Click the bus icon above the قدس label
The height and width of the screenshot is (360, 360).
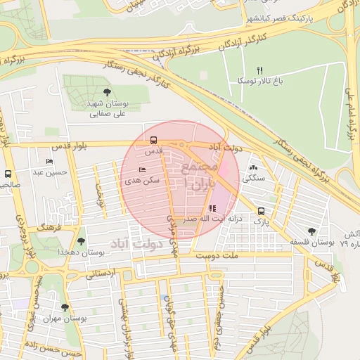[154, 139]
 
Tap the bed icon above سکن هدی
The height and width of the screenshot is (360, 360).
[143, 169]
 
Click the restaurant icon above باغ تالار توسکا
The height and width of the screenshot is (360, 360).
[259, 70]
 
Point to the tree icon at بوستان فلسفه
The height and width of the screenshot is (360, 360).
[311, 231]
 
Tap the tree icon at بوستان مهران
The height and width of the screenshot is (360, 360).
[65, 307]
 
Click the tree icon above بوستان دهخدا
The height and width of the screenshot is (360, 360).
[81, 241]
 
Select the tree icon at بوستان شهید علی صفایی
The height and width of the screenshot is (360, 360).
[107, 92]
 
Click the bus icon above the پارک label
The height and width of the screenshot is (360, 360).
[261, 210]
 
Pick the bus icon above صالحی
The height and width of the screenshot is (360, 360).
[8, 174]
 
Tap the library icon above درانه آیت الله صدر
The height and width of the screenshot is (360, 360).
[212, 208]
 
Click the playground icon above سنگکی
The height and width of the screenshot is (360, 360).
[253, 168]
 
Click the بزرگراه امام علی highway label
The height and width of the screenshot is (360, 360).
[349, 112]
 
